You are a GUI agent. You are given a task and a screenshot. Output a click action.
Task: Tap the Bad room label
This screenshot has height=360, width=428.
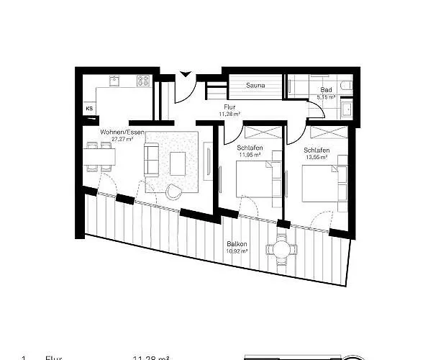[326, 89]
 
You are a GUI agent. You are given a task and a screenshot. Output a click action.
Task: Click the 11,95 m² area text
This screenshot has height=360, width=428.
[250, 155]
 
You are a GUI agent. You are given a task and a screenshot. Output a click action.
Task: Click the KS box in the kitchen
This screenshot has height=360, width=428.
[90, 109]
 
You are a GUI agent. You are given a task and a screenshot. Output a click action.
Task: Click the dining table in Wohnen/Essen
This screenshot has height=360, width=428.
[99, 156]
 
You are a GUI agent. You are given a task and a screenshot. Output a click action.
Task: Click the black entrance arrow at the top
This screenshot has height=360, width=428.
[186, 72]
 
